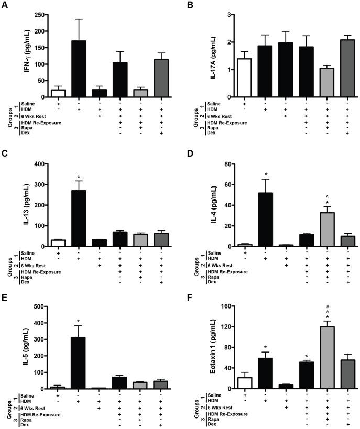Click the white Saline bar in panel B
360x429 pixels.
245,78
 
